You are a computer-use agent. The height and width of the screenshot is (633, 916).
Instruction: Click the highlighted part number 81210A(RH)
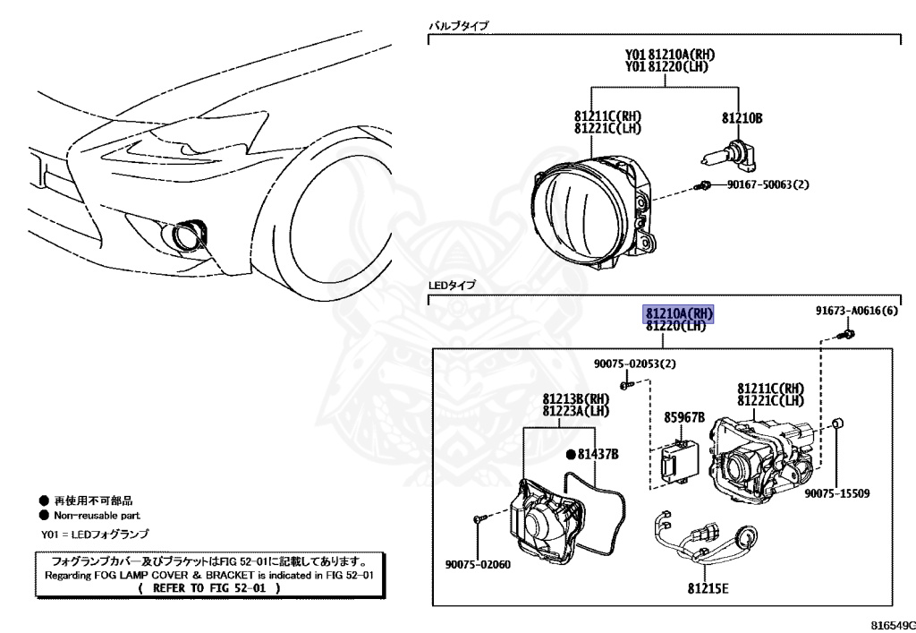point(680,312)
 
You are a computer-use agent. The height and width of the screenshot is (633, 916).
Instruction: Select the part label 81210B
point(742,117)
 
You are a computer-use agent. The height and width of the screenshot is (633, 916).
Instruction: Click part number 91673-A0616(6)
point(856,312)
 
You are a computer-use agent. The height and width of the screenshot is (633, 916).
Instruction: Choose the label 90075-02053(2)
point(635,364)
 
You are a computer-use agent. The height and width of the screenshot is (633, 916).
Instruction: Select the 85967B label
point(684,417)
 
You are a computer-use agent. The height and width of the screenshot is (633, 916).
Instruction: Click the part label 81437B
point(598,455)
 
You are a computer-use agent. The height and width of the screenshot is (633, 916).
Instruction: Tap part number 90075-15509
point(836,493)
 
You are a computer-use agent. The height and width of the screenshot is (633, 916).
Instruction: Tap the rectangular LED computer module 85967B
point(677,464)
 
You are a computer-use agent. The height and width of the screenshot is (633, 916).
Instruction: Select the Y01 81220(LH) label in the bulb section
point(663,65)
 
